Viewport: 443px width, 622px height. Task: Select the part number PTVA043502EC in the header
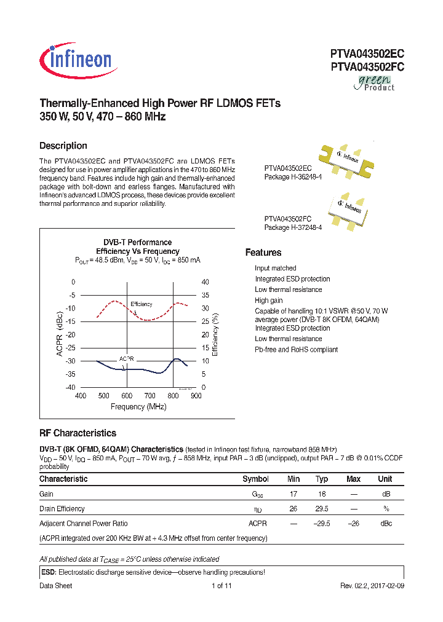coord(367,54)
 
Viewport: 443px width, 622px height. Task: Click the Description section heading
coord(63,146)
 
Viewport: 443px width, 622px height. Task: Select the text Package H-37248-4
coord(293,227)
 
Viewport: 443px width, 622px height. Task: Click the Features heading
coord(263,253)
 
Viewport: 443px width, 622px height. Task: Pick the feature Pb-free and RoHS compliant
coord(296,350)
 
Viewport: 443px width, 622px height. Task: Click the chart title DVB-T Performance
coord(137,242)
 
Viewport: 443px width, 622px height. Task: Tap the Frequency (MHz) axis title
coord(138,407)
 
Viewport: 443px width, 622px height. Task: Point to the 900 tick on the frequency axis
coord(196,396)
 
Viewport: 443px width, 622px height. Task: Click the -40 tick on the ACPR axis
coord(70,387)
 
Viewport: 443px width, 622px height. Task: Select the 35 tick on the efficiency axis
coord(206,295)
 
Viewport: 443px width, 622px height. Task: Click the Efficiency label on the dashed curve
coord(142,304)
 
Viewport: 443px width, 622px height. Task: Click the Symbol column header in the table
coord(255,479)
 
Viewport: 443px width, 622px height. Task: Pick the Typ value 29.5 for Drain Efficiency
coord(322,509)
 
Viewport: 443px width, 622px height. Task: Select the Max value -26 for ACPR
coord(353,524)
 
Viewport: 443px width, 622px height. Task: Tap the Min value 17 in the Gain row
coord(293,494)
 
